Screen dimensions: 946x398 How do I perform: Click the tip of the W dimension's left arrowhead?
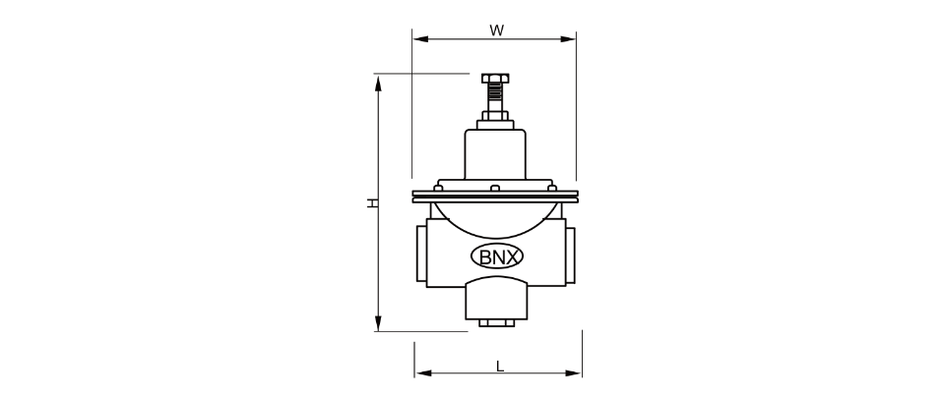point(413,39)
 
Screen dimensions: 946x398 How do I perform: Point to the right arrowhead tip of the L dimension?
point(581,373)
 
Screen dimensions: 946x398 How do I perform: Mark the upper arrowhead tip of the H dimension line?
point(379,76)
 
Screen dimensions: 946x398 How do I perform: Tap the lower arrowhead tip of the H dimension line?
point(379,330)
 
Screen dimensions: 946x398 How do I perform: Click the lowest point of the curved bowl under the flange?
point(495,238)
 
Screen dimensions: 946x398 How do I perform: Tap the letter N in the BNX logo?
point(496,257)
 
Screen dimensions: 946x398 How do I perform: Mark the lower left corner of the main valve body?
point(427,287)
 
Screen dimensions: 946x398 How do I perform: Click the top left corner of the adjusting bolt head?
point(482,74)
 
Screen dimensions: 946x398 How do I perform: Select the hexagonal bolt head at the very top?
point(495,79)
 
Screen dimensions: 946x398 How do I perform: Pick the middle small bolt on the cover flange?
point(495,189)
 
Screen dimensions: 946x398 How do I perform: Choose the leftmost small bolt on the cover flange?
point(439,189)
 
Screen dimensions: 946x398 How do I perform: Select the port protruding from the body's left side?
point(421,254)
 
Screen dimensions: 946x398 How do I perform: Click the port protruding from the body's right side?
point(570,254)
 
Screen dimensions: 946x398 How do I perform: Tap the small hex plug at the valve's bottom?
point(497,323)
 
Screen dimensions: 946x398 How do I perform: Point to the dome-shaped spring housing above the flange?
point(495,154)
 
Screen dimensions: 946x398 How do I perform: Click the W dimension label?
point(496,30)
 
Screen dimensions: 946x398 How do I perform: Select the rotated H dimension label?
point(374,202)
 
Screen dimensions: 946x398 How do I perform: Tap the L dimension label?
point(500,366)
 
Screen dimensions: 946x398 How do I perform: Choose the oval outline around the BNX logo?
point(496,256)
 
